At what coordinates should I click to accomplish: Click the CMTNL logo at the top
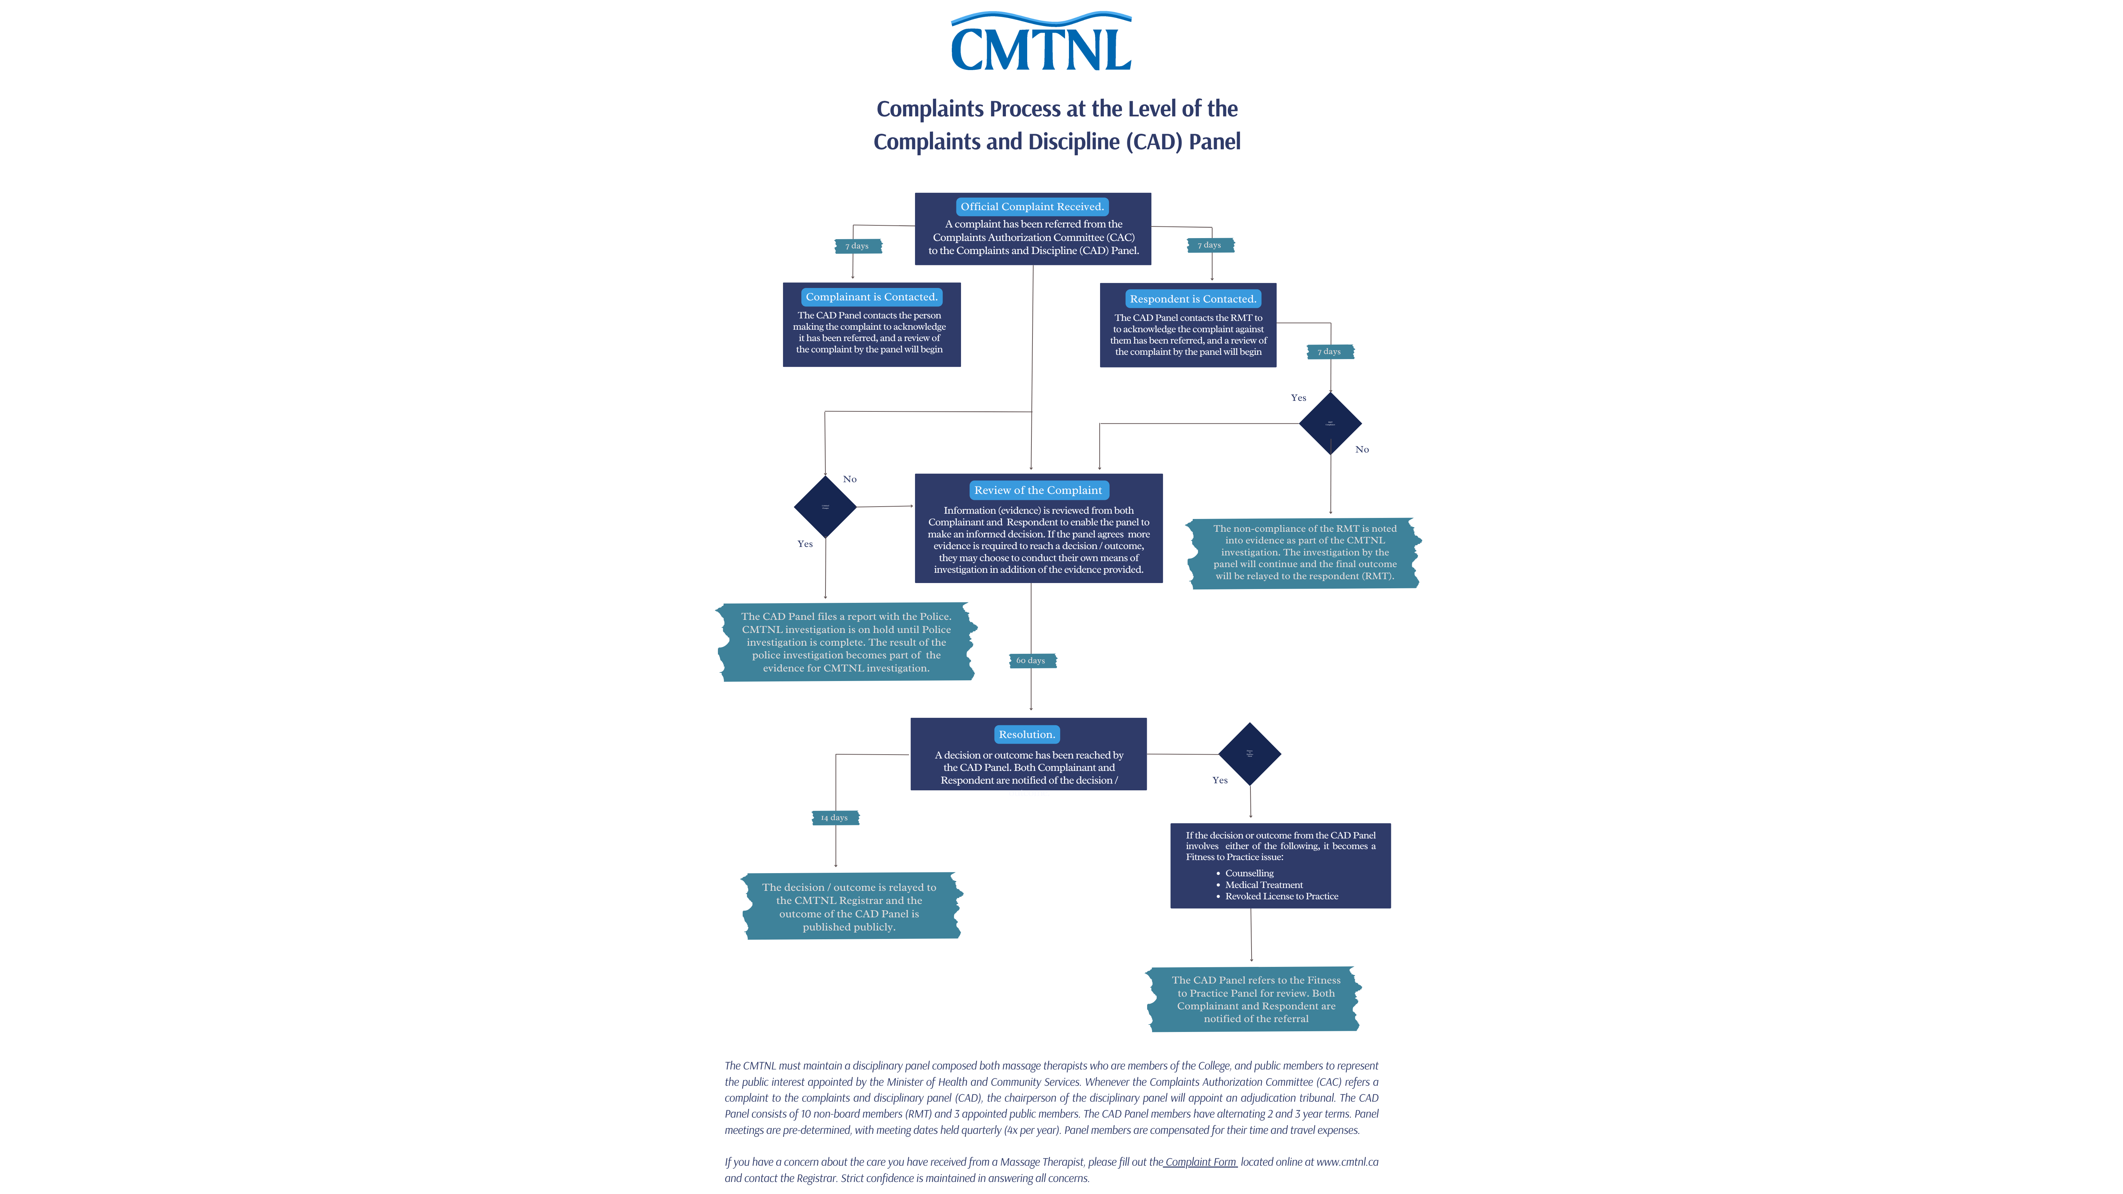click(1041, 43)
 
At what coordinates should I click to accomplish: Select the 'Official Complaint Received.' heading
click(1032, 207)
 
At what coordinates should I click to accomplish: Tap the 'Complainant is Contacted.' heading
click(871, 297)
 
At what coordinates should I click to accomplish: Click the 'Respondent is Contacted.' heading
click(1192, 299)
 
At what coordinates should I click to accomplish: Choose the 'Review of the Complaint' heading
click(1037, 490)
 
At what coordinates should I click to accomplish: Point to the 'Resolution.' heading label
click(1026, 734)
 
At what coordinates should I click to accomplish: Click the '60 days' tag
click(1031, 661)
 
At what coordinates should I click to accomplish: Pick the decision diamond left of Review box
click(825, 507)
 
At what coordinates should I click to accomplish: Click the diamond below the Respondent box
click(1330, 423)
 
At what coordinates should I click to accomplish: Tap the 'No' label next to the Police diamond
click(850, 480)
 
